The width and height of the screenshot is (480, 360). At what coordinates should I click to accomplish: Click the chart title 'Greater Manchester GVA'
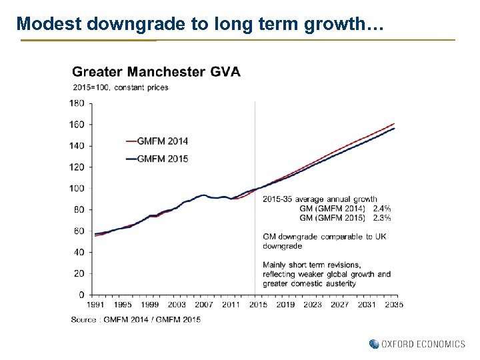(156, 71)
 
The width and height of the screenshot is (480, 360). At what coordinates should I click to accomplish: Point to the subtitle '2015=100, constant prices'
(120, 87)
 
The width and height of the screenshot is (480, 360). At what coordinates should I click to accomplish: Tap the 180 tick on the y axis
(77, 103)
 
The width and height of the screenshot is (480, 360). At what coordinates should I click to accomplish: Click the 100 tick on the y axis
(77, 189)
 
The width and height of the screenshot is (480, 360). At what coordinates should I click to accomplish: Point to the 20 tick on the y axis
(79, 273)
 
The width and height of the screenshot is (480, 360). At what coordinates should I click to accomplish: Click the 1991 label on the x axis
(96, 305)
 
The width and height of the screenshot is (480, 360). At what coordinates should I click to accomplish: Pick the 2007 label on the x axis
(204, 305)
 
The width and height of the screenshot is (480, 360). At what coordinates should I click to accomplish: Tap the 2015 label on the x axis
(258, 305)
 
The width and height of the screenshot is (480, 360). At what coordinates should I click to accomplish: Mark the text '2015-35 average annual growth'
(320, 199)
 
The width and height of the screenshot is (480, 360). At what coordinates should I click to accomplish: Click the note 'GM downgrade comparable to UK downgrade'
(325, 241)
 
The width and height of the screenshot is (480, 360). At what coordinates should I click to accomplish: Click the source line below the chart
(135, 320)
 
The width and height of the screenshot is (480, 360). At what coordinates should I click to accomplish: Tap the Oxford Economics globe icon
(374, 344)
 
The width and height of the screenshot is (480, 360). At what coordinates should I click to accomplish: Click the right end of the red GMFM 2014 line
(394, 124)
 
